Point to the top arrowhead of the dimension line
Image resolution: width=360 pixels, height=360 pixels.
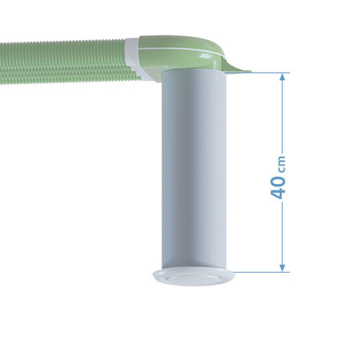pos(282,78)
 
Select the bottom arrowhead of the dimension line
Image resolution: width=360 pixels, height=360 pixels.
pos(282,266)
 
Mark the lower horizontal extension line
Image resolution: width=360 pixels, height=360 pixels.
pos(260,271)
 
